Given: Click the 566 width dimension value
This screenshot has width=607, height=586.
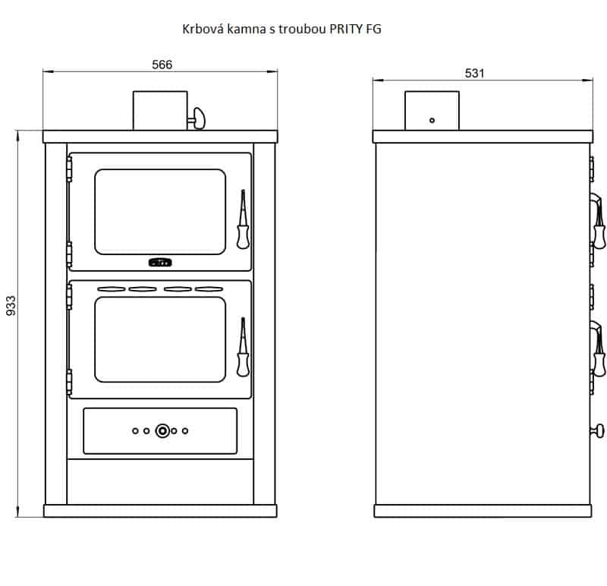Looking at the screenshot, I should [x=162, y=65].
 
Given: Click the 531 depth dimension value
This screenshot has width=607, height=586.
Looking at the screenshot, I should [x=474, y=73].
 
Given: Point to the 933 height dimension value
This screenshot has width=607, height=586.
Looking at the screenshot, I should [x=11, y=304].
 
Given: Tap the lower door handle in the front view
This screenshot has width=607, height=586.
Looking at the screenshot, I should [x=243, y=348].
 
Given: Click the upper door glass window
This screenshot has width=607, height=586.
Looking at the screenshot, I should [x=160, y=211].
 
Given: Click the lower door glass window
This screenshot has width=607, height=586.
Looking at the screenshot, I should [x=160, y=339].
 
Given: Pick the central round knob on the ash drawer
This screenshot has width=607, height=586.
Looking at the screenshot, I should [x=162, y=431].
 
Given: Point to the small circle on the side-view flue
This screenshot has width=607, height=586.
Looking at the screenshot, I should [x=432, y=120].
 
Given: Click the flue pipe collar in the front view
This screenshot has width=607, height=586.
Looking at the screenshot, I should [x=160, y=110].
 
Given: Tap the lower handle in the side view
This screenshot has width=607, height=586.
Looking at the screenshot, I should [x=597, y=348].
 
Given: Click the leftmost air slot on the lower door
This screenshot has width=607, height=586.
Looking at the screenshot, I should [x=111, y=289].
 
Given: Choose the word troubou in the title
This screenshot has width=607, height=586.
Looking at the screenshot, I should [x=300, y=30].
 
